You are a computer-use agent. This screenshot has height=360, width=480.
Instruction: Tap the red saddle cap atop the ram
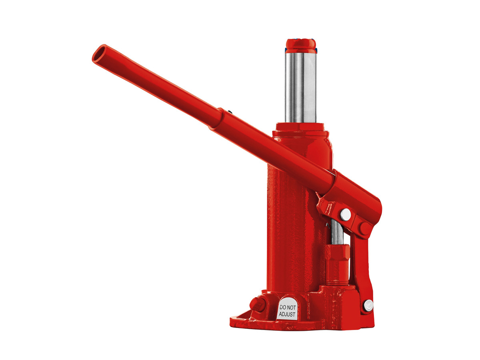(x=300, y=45)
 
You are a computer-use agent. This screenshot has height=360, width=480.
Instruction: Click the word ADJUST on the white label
(x=287, y=314)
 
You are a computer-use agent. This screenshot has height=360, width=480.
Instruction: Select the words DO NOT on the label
(x=287, y=307)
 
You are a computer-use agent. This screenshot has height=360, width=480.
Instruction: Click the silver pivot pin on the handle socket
(x=346, y=215)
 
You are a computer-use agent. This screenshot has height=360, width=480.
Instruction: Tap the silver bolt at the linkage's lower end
(x=368, y=305)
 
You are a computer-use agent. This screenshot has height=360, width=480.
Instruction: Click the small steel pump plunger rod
(x=337, y=233)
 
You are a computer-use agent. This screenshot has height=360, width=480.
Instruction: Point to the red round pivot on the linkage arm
(x=365, y=228)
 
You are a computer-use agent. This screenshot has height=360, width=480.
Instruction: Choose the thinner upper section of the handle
(x=160, y=85)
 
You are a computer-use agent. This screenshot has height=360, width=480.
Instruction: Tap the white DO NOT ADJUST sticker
(x=287, y=310)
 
